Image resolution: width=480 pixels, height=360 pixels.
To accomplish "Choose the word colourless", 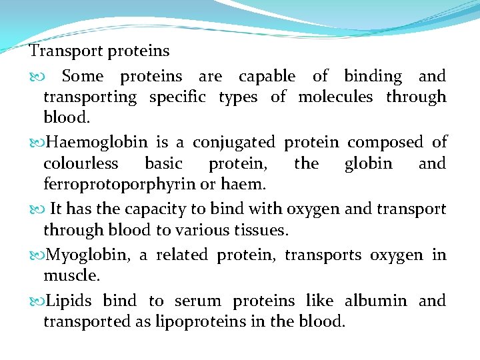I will point(81,163).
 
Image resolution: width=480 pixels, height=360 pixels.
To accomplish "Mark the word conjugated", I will point(233,143).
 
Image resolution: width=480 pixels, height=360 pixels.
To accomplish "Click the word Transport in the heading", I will point(58,51).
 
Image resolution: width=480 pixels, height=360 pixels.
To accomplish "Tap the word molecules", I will point(335,97).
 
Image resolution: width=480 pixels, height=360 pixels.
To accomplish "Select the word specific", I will point(177,97).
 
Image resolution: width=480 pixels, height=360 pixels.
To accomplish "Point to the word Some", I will point(83,77).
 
